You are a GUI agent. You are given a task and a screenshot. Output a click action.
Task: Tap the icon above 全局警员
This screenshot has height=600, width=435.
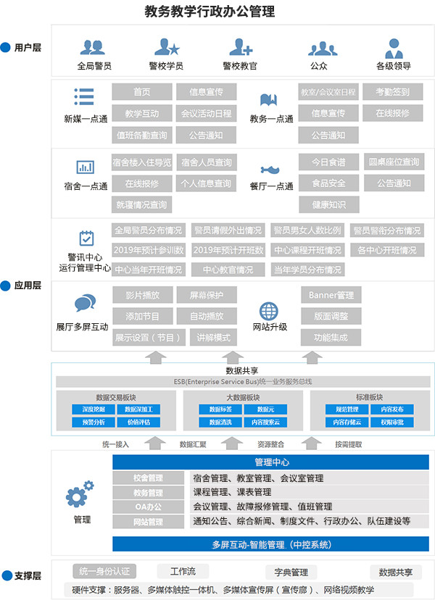(93, 48)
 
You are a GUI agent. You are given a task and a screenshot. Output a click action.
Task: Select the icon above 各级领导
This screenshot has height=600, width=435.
(394, 48)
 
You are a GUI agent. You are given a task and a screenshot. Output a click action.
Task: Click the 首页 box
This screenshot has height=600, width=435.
(142, 92)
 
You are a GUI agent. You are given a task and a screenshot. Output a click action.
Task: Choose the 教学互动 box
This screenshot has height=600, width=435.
(142, 114)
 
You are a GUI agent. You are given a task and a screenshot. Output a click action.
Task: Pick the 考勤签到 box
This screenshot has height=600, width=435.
(392, 92)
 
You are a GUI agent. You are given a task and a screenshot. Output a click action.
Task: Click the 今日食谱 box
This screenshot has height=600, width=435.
(328, 162)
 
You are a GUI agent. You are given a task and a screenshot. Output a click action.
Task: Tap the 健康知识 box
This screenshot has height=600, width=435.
(328, 204)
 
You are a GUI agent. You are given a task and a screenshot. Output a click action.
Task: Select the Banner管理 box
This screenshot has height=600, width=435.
(331, 295)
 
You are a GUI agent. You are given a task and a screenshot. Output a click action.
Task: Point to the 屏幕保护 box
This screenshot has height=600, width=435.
(207, 295)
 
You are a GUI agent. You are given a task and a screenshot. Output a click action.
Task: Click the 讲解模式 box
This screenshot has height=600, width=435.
(207, 338)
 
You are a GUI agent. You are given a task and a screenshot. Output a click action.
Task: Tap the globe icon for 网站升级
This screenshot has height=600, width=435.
(269, 309)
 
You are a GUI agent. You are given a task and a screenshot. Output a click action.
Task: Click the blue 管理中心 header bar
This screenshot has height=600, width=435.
(271, 462)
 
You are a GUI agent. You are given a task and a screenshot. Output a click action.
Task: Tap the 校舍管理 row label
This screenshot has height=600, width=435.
(149, 478)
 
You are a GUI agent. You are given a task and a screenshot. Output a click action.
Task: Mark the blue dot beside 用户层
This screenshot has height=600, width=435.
(7, 48)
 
